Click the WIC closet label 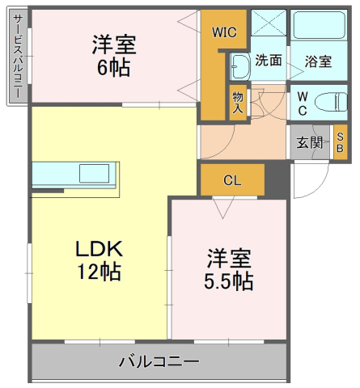223,33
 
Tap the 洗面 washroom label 269,60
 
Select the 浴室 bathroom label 318,61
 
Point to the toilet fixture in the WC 326,103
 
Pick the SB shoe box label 340,142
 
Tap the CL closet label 232,180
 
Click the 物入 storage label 238,101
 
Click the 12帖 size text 100,272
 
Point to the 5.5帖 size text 227,281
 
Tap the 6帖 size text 114,67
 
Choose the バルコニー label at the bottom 159,361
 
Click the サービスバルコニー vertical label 17,57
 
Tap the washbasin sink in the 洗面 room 240,64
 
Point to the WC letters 301,102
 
